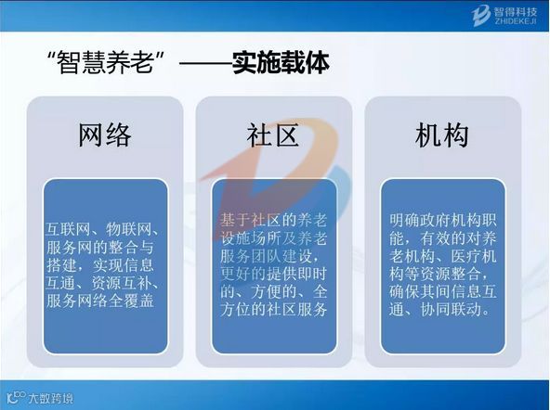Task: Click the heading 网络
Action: [x=105, y=135]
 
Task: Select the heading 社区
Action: [x=273, y=135]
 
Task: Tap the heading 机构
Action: [x=442, y=135]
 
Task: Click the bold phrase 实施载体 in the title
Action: [x=281, y=63]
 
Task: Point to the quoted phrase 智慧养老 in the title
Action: [x=106, y=63]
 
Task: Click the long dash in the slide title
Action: [x=205, y=64]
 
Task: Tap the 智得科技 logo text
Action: [x=516, y=12]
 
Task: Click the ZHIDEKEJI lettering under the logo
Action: [x=516, y=21]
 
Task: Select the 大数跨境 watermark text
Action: [x=51, y=399]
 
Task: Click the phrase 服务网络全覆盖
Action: [x=100, y=301]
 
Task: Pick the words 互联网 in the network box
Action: [x=69, y=229]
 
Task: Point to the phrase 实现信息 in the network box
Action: [x=124, y=265]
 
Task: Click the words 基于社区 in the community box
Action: [x=251, y=220]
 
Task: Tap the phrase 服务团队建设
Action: [x=266, y=256]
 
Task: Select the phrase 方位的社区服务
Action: [x=274, y=310]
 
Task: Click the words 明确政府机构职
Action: [x=443, y=220]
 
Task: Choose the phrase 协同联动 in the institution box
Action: [x=451, y=310]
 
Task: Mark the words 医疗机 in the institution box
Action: [x=474, y=256]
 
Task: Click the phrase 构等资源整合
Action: [x=435, y=274]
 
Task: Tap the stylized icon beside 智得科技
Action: [x=481, y=16]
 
